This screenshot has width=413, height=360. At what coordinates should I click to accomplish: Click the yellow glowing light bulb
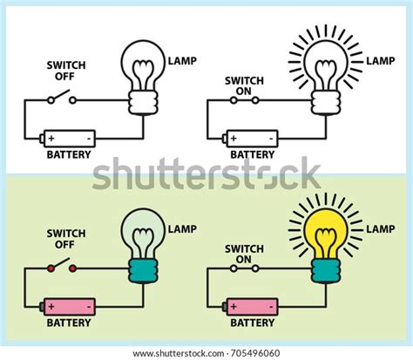click(325, 231)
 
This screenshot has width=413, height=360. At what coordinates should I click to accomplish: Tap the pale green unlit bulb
click(139, 234)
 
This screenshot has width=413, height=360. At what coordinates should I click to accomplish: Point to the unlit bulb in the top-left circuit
click(139, 65)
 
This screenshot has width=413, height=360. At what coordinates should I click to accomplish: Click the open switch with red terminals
click(62, 268)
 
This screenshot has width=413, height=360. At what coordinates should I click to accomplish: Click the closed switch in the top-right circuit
click(243, 101)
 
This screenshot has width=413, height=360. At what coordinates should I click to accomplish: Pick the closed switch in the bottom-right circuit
click(243, 268)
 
